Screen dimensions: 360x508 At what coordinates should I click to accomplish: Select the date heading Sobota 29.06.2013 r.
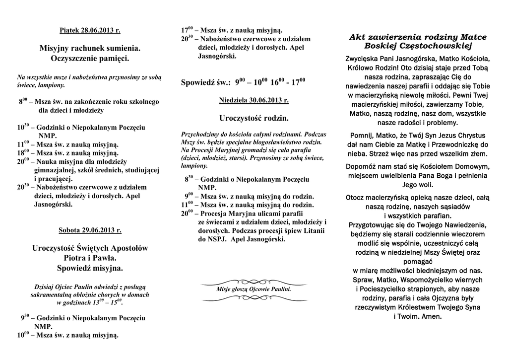[90, 230]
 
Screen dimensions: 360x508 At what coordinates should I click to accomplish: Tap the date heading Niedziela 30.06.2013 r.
[254, 100]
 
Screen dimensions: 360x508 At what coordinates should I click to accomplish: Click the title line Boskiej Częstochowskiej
[418, 46]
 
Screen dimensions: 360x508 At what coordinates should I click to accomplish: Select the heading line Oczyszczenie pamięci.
[90, 59]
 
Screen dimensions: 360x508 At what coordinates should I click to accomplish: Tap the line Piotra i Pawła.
[90, 258]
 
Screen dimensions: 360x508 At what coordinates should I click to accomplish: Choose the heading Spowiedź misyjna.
[90, 268]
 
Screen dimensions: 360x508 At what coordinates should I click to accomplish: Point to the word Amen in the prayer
[430, 316]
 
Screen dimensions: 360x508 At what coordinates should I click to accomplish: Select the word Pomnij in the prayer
[365, 135]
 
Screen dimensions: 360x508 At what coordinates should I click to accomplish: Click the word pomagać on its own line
[418, 261]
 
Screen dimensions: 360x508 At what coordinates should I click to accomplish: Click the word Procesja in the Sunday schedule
[208, 213]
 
